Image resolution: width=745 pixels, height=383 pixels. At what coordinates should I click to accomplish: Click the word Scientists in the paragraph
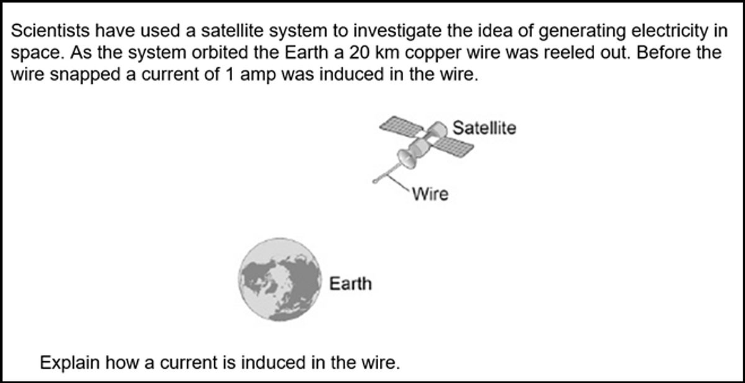tap(50, 31)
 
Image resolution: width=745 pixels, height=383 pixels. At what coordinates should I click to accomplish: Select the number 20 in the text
tap(359, 53)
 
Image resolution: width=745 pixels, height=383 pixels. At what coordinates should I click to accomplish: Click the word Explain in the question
tap(70, 363)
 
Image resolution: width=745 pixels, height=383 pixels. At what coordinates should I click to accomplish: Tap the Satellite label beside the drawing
tap(484, 128)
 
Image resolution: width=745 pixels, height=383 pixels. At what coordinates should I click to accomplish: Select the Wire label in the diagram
tap(430, 194)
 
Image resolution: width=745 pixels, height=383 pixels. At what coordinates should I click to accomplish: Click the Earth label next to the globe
tap(351, 284)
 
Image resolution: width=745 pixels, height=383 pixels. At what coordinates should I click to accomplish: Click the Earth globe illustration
tap(280, 279)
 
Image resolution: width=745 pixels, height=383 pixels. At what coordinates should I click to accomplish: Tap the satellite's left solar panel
tap(402, 126)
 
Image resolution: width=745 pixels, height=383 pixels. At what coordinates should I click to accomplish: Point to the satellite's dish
tap(407, 159)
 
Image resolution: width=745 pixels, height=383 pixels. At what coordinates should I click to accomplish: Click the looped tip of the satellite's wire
tap(375, 181)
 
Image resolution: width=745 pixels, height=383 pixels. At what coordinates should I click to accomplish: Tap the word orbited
tap(218, 53)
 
